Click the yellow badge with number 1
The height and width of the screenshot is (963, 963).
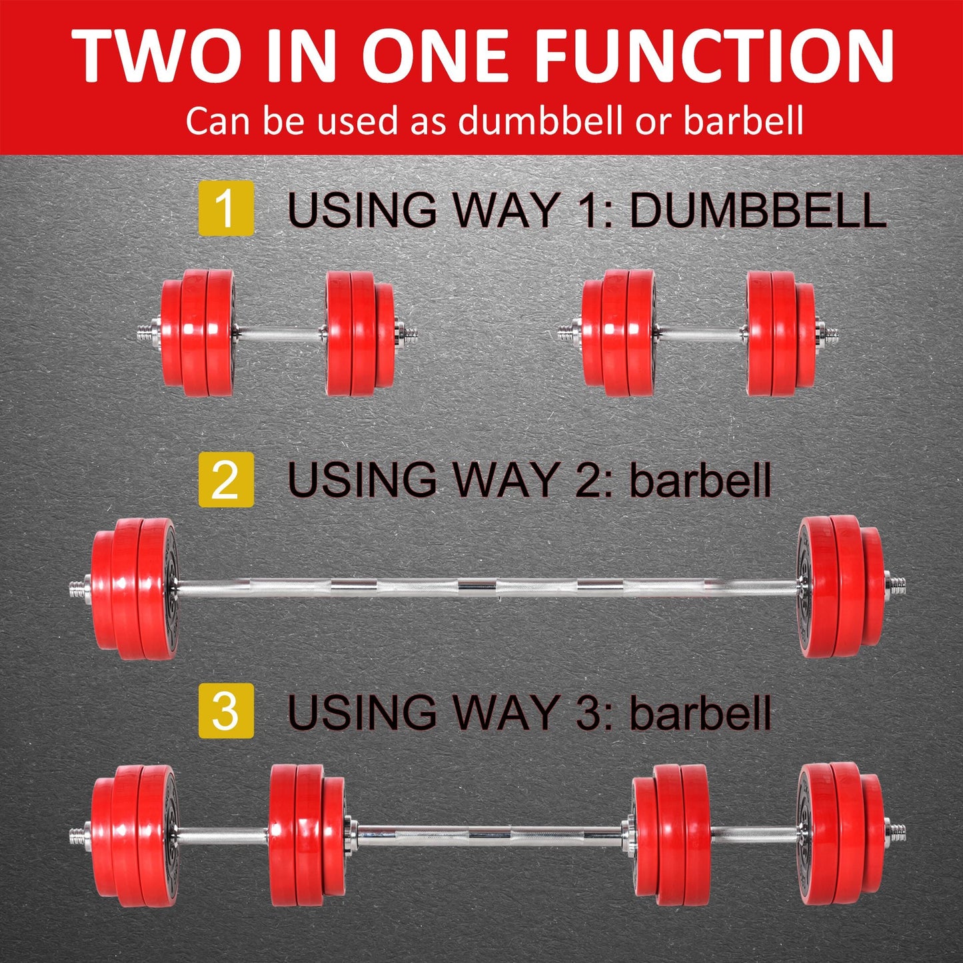coord(226,208)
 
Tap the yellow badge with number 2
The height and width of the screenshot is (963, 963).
coord(226,479)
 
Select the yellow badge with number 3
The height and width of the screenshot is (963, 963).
coord(226,710)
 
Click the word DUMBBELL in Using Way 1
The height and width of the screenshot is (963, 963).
coord(757,210)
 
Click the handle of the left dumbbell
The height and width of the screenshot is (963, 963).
coord(280,332)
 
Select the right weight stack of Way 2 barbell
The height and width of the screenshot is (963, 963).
coord(841,586)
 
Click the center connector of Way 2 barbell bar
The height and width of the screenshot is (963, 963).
coord(477,586)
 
